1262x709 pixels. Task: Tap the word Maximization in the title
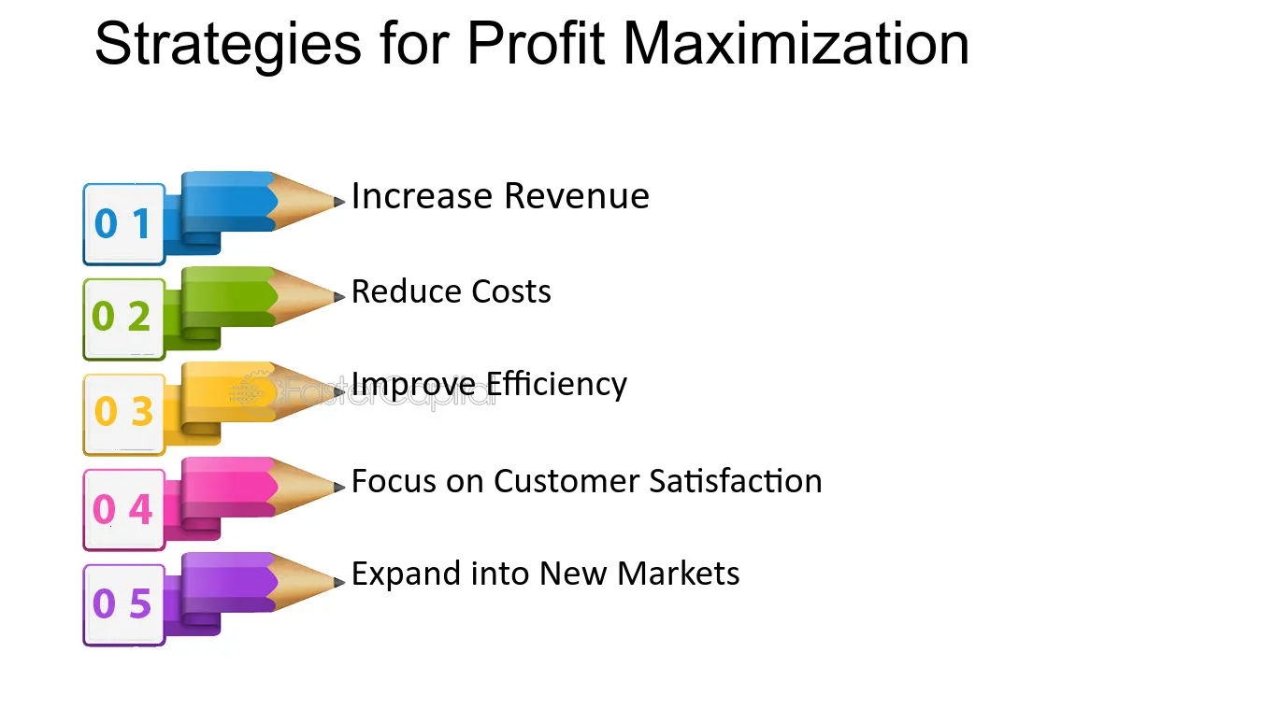[796, 43]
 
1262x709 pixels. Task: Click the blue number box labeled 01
[124, 224]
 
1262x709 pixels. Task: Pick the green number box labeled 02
[124, 319]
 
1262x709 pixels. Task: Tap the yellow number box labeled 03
[124, 415]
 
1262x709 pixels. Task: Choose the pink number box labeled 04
[124, 510]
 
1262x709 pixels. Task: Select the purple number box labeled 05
[124, 604]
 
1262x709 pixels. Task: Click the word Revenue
[577, 196]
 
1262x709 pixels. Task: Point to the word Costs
[511, 291]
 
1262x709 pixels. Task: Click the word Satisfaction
[736, 481]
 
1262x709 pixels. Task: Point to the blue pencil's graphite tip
[339, 201]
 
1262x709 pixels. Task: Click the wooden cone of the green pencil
[303, 297]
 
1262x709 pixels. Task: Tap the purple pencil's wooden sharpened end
[303, 582]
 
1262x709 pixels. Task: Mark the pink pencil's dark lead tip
[339, 487]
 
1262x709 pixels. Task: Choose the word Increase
[422, 196]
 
